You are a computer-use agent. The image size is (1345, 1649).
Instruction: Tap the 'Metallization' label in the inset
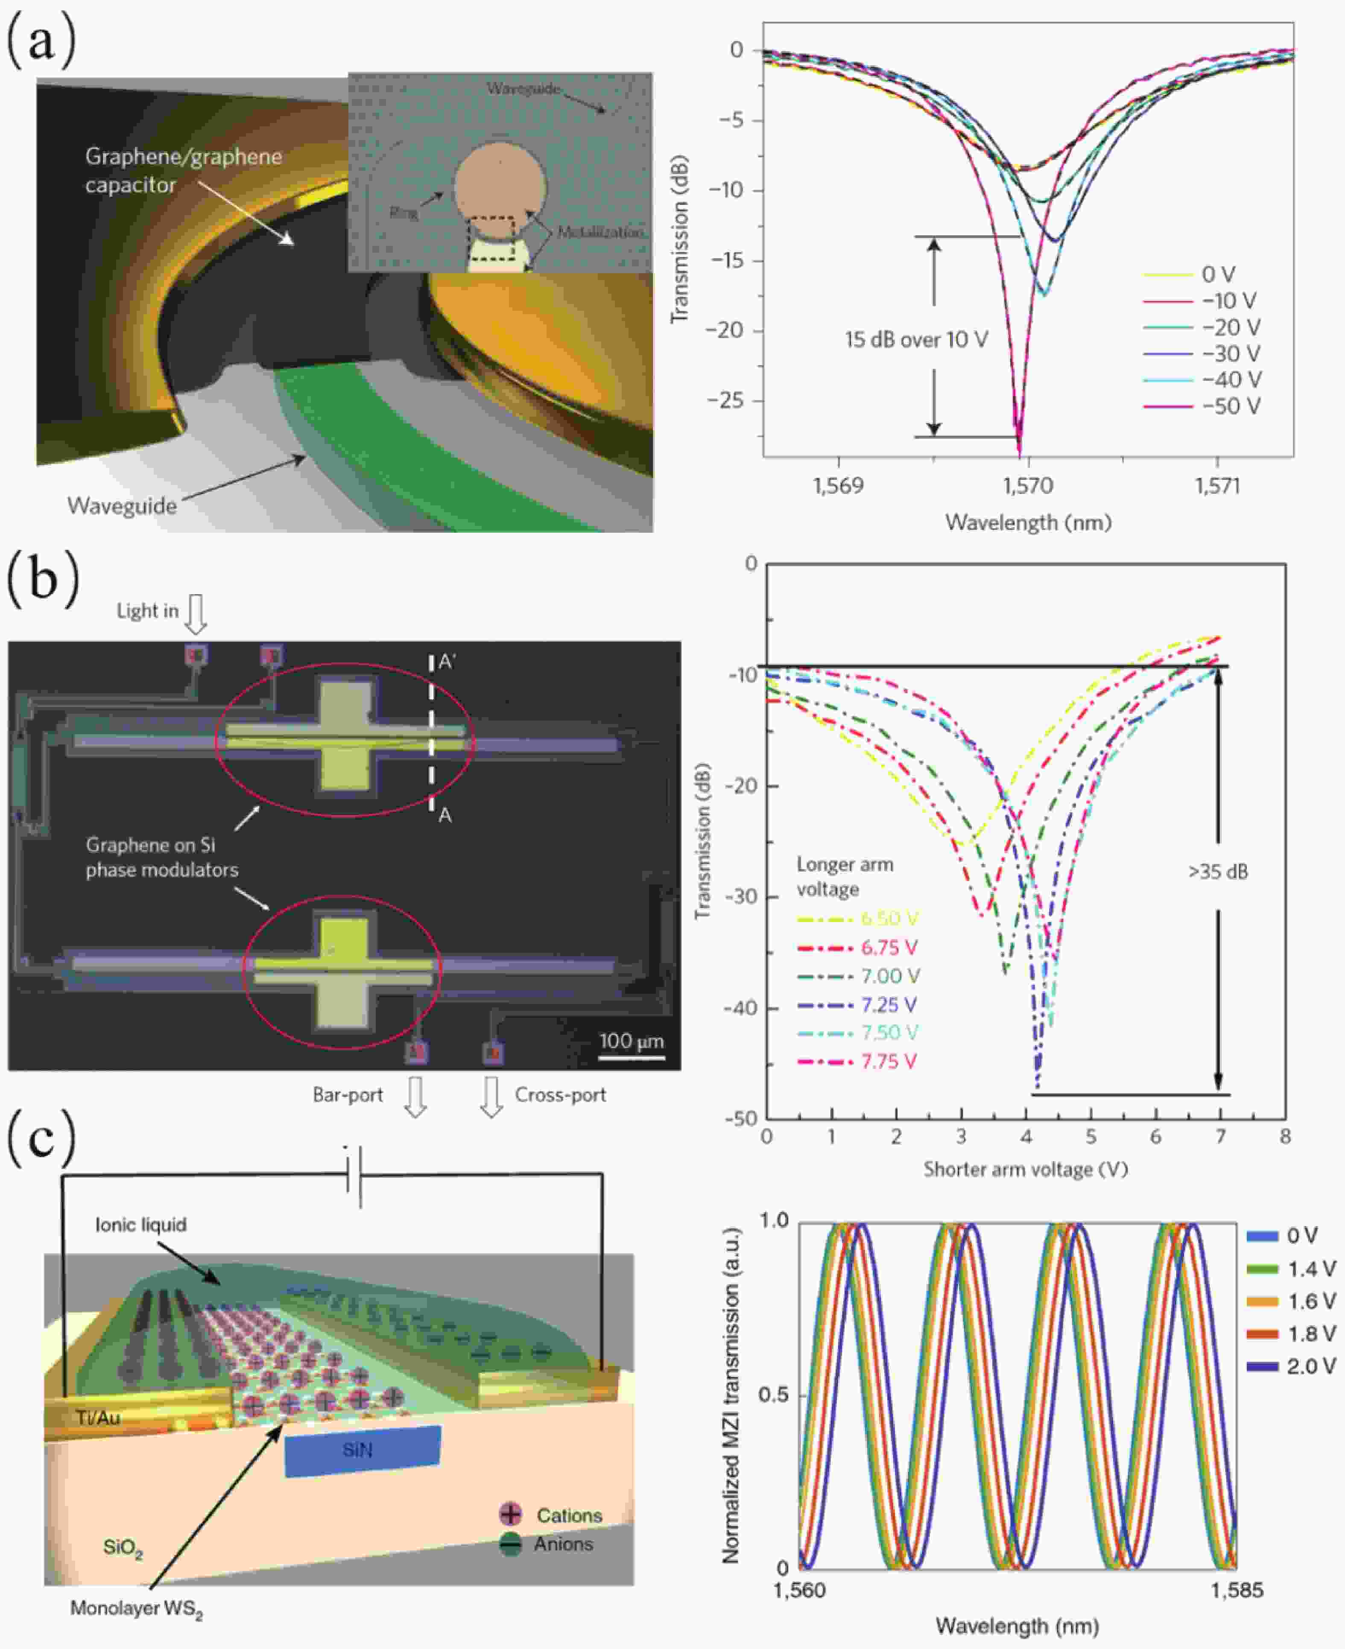point(599,232)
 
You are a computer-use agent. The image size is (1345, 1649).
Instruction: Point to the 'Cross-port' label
point(560,1094)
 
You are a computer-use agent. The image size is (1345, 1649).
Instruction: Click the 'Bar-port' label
point(348,1094)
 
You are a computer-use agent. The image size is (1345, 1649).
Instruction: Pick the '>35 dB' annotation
point(1218,871)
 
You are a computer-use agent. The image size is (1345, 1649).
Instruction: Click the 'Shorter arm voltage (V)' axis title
point(1025,1169)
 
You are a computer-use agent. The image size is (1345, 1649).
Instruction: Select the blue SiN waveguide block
point(362,1450)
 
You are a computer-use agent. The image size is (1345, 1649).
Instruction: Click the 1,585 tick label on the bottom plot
point(1237,1590)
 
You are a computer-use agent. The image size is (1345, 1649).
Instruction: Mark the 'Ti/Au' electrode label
point(98,1417)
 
